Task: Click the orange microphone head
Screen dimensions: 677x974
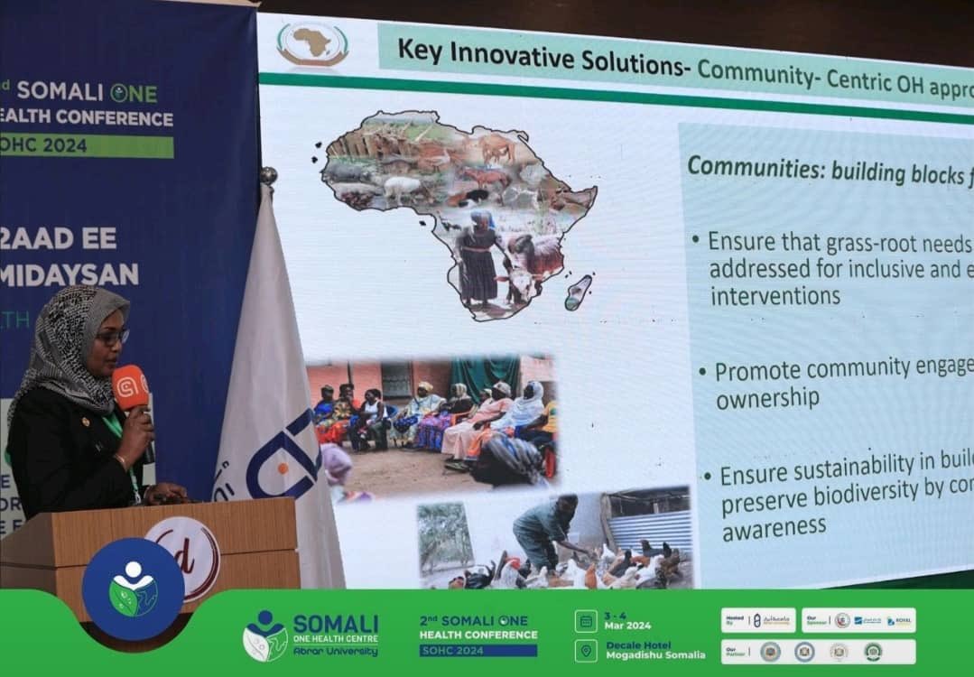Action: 130,388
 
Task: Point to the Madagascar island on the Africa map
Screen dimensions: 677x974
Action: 578,292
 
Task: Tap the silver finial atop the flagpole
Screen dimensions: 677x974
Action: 267,174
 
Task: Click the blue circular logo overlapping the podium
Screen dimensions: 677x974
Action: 134,589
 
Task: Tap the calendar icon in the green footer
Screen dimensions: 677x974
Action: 585,620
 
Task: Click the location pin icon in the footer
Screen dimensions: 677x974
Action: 585,651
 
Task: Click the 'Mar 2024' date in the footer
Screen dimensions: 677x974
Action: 627,626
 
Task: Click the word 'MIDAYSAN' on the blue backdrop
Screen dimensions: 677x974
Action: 72,274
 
